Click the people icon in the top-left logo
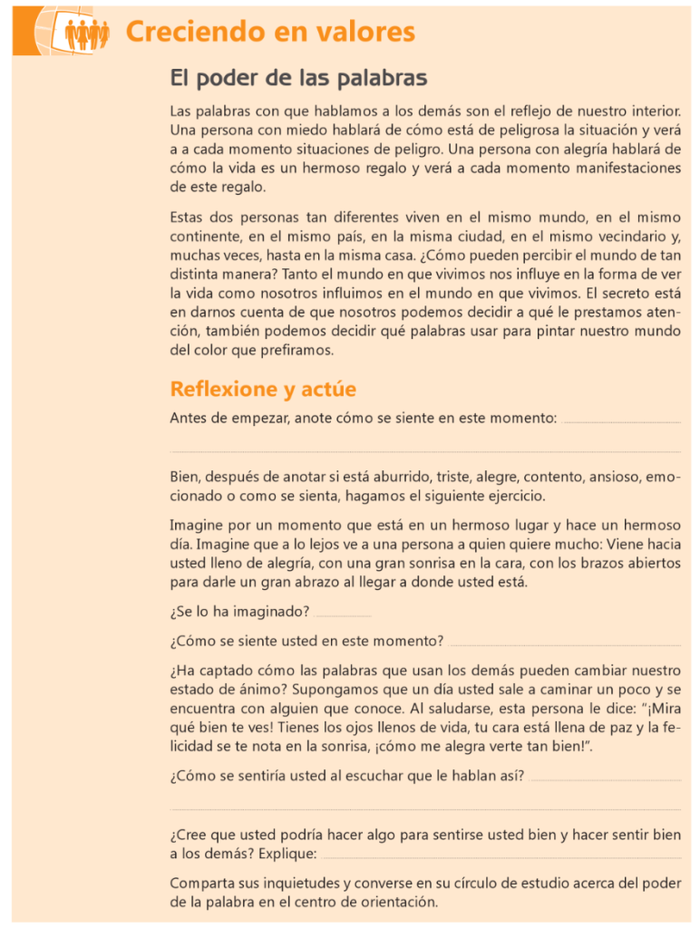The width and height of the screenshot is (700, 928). pyautogui.click(x=87, y=34)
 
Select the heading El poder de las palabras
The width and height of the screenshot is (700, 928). pyautogui.click(x=298, y=79)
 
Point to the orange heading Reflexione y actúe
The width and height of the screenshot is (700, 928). pyautogui.click(x=263, y=390)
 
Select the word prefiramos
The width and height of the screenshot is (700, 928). pyautogui.click(x=296, y=350)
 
